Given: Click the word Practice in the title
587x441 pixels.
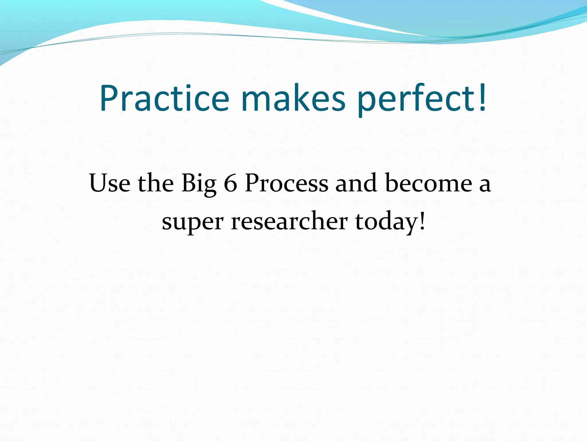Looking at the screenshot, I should (164, 98).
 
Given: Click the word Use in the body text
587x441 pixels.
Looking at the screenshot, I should (109, 183).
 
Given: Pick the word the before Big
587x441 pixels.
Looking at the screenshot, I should (156, 183).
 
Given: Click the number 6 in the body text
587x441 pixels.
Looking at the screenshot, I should (230, 183).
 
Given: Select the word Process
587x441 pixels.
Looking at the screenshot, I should (287, 183).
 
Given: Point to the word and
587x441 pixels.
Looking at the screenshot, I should (356, 183).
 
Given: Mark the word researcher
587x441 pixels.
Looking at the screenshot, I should (289, 221).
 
